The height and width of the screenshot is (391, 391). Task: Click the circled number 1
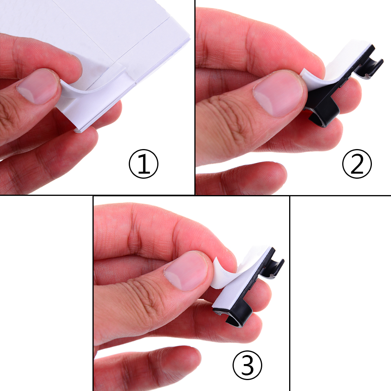(143, 164)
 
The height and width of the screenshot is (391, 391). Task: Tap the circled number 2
(357, 164)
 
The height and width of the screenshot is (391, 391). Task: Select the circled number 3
(247, 365)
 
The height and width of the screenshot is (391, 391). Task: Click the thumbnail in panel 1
(38, 86)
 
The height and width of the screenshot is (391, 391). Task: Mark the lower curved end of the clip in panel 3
(237, 319)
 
